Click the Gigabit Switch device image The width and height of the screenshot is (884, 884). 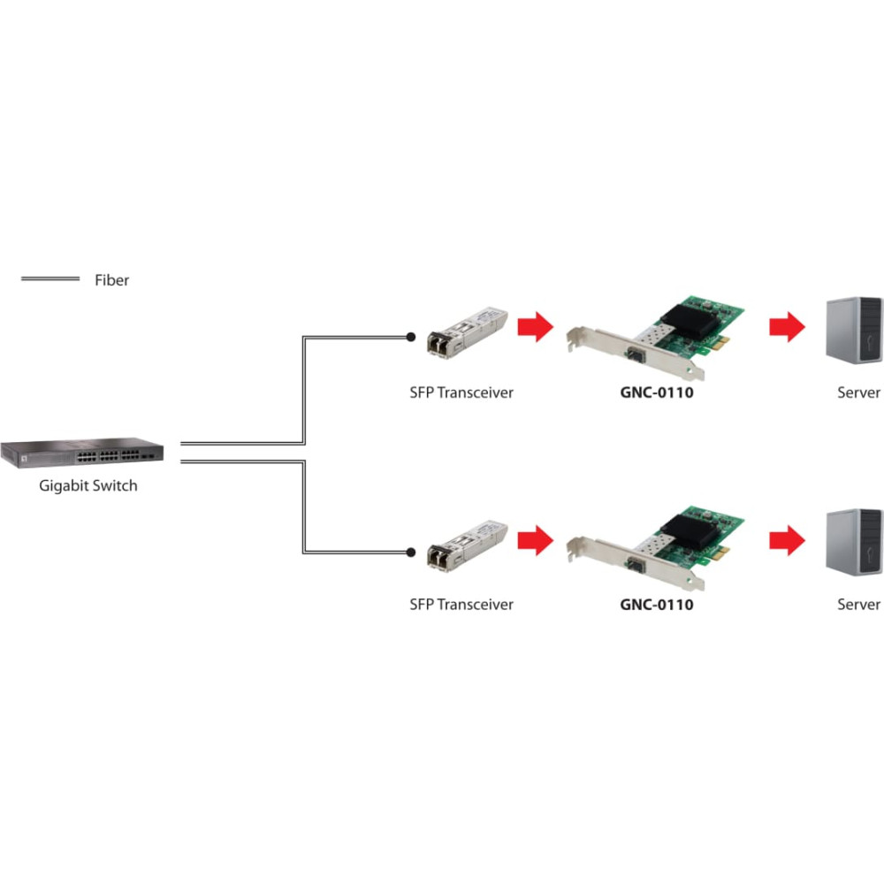[82, 453]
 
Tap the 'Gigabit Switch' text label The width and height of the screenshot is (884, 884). [88, 486]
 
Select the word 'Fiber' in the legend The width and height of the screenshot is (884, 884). [111, 280]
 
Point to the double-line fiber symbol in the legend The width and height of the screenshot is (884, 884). [50, 278]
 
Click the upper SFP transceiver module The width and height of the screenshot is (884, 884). [468, 332]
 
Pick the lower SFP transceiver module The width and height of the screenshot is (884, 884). [468, 545]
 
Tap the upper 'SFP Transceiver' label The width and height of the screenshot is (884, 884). [461, 392]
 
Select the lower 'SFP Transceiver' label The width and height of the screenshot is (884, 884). [461, 605]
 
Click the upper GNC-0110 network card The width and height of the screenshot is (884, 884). [656, 337]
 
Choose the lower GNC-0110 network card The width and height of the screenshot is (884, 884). [656, 549]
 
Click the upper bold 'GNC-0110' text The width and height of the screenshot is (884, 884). [657, 392]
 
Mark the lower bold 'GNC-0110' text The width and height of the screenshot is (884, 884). [657, 605]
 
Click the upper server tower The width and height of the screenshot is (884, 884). [854, 331]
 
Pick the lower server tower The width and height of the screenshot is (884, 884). [854, 543]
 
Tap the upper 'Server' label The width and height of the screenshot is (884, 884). [858, 392]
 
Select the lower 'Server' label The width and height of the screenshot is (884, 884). [858, 605]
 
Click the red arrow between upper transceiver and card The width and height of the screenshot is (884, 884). [537, 326]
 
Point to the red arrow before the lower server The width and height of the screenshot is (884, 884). [788, 540]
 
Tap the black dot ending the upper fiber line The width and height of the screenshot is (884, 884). [411, 337]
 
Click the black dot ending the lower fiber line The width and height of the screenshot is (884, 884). [411, 552]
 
